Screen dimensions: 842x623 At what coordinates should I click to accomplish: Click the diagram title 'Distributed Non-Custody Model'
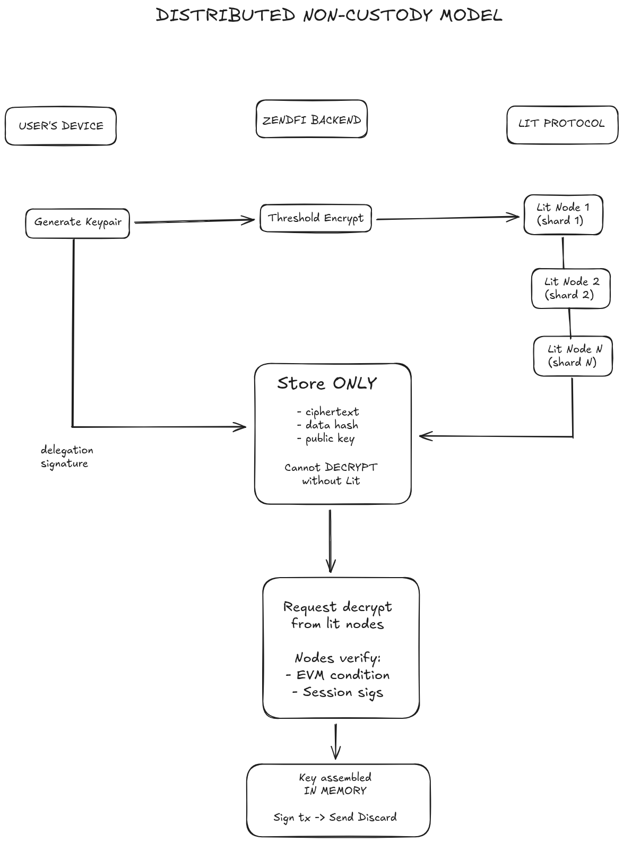pos(328,15)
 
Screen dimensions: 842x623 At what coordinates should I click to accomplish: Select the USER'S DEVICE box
pos(60,126)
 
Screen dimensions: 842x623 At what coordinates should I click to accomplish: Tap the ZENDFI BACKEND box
pos(311,120)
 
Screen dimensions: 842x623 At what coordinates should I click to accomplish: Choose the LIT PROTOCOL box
pos(561,124)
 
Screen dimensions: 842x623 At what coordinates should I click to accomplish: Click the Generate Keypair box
pos(77,223)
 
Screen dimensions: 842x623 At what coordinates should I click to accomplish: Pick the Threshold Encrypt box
pos(315,218)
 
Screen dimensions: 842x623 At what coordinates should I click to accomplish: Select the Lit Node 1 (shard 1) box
pos(563,214)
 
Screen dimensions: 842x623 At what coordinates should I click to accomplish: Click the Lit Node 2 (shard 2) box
pos(570,288)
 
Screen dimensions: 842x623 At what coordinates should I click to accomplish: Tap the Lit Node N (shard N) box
pos(573,356)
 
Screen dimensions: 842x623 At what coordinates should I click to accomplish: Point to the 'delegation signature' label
pos(66,457)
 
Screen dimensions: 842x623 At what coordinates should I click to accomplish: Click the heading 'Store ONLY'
pos(326,383)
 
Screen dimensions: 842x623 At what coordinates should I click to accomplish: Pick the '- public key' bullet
pos(325,439)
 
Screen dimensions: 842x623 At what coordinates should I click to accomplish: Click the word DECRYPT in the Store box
pos(351,468)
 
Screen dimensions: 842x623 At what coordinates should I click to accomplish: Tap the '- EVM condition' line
pos(338,675)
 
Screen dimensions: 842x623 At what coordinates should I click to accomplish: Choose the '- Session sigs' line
pos(338,692)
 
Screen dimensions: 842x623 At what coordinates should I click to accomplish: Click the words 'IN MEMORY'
pos(335,791)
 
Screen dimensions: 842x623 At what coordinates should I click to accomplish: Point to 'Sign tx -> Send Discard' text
pos(335,817)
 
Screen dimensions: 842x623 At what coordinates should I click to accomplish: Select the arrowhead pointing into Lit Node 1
pos(515,217)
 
